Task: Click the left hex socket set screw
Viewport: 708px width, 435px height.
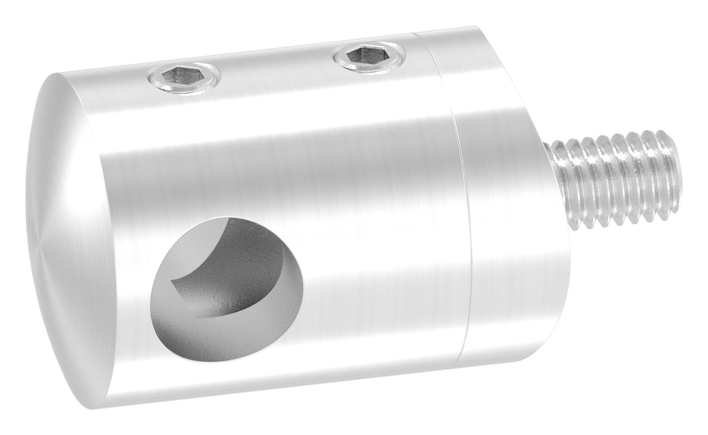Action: click(184, 80)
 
